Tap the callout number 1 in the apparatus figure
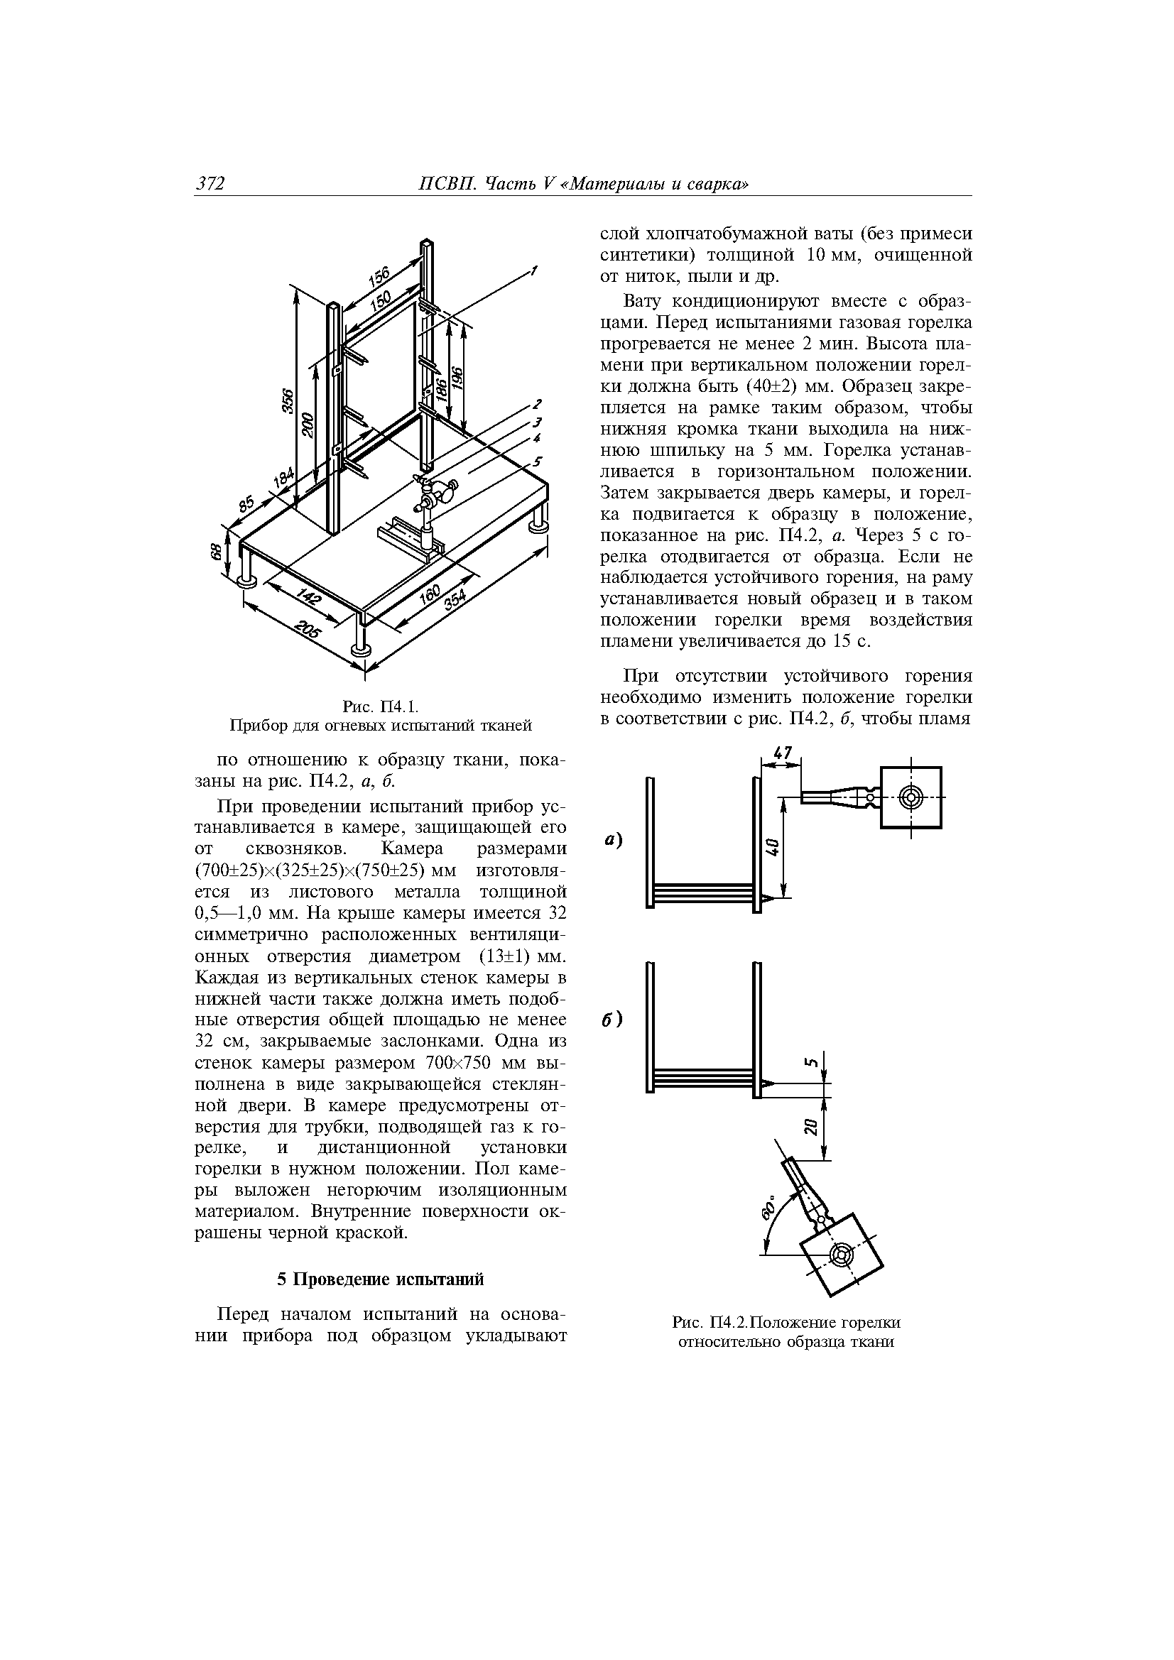534,271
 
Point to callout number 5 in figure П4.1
538,461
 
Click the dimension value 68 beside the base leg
214,552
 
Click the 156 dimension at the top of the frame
379,277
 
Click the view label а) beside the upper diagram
614,841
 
